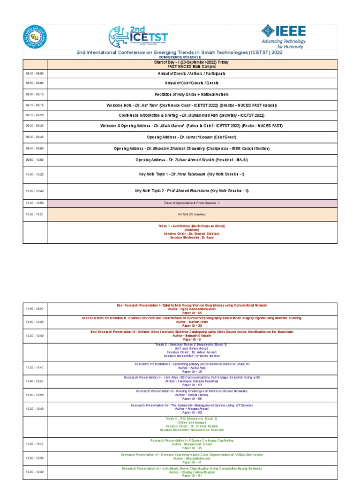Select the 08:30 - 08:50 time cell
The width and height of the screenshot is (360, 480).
(35, 74)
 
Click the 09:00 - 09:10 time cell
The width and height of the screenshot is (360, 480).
(35, 94)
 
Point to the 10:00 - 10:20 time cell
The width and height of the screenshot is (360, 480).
(35, 174)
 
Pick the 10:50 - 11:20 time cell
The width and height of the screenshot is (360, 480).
(35, 214)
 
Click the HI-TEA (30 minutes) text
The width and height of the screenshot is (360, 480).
(192, 214)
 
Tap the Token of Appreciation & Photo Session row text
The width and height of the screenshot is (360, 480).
(192, 202)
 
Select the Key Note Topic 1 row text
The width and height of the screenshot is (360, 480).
(192, 174)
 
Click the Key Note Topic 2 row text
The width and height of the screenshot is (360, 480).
(192, 191)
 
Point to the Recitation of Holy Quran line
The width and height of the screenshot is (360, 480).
(192, 94)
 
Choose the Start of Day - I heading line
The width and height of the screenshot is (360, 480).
(192, 62)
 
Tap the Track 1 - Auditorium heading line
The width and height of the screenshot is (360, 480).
(192, 226)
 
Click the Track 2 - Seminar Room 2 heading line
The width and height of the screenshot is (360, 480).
(192, 345)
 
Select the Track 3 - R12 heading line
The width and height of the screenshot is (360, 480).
(192, 418)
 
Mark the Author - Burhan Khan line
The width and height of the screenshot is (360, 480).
(192, 322)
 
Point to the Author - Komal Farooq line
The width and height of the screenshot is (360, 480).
(192, 395)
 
